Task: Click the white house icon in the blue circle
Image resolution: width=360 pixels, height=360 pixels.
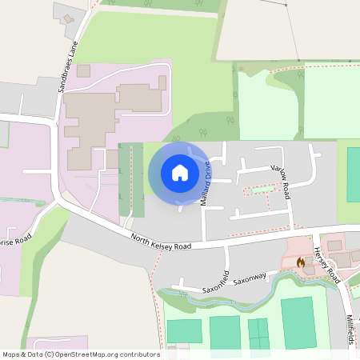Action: [x=180, y=172]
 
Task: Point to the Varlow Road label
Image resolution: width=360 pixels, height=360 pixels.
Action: [x=280, y=180]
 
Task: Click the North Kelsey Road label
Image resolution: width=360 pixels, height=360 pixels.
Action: [x=162, y=240]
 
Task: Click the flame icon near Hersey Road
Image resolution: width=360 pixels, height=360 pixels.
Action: [x=301, y=262]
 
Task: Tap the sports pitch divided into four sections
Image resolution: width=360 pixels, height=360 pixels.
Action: [x=258, y=332]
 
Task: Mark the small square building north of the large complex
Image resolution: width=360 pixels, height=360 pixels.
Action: [x=83, y=71]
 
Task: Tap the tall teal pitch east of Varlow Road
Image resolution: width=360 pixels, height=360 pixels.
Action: [x=353, y=174]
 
